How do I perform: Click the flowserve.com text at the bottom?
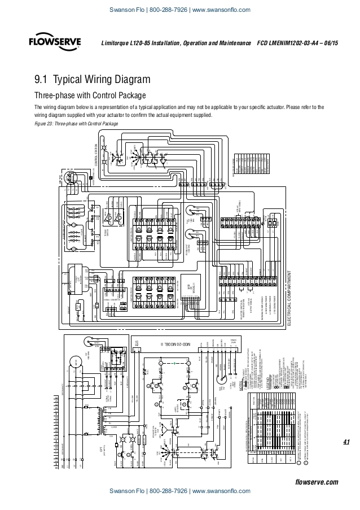(x=317, y=466)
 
